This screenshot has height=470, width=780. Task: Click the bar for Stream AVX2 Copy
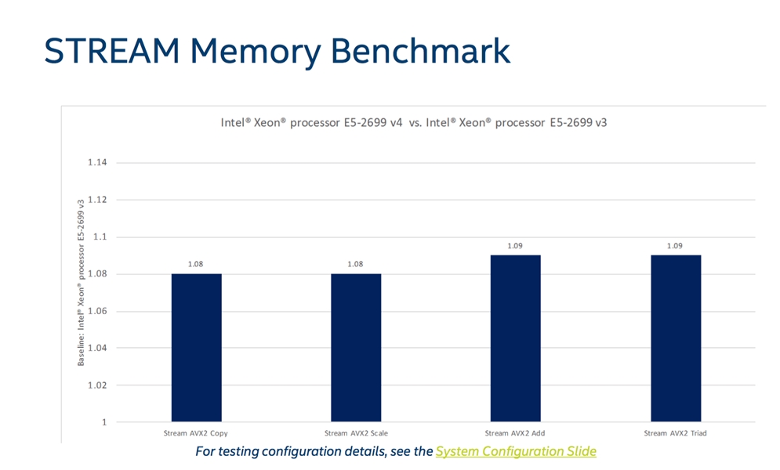(197, 347)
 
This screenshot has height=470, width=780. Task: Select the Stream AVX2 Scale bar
(356, 347)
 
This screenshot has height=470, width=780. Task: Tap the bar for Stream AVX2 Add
(515, 338)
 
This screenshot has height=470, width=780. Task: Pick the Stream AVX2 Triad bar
(676, 338)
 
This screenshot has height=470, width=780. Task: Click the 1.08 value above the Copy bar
(195, 264)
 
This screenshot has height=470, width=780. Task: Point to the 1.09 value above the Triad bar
(674, 246)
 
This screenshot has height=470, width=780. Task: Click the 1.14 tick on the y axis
(97, 162)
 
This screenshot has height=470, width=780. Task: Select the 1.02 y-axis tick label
(97, 385)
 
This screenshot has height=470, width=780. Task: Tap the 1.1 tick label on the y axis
(100, 237)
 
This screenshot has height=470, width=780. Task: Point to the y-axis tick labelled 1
(104, 422)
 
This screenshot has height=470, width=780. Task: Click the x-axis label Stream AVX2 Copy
(195, 433)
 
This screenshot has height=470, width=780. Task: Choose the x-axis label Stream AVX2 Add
(515, 433)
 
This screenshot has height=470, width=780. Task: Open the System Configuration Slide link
(516, 452)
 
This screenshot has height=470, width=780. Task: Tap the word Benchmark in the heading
(420, 51)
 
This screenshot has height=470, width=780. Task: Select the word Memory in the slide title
(256, 52)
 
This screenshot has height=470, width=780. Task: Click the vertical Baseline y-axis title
(81, 283)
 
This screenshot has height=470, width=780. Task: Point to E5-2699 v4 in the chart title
(373, 123)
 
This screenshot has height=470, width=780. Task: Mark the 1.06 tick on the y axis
(97, 312)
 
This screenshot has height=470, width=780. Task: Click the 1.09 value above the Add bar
(515, 246)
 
